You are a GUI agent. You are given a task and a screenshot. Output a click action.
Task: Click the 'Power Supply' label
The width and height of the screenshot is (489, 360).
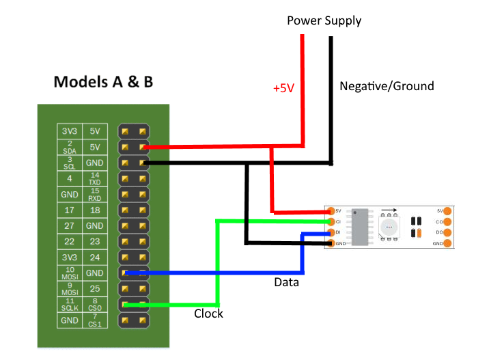(x=324, y=20)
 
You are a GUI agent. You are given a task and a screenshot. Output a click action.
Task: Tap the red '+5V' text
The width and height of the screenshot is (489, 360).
(x=283, y=89)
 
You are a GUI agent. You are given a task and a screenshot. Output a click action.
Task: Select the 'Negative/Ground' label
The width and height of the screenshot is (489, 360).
(x=387, y=86)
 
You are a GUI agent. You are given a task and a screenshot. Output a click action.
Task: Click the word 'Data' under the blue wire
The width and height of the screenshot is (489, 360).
(x=286, y=281)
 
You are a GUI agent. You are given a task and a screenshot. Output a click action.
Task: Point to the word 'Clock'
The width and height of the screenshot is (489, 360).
(x=208, y=314)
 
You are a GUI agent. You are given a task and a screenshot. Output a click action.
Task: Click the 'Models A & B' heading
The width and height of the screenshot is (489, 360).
(x=103, y=82)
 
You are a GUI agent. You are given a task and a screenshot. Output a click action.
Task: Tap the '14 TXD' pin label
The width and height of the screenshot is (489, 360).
(x=95, y=178)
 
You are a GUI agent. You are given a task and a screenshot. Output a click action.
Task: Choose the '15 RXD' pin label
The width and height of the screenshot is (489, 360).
(x=95, y=194)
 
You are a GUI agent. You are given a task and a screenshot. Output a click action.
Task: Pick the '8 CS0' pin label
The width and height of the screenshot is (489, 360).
(x=95, y=304)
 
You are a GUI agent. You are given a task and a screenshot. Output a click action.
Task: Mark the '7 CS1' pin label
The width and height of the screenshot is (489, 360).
(x=95, y=320)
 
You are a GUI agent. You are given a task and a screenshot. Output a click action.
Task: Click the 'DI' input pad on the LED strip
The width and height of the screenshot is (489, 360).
(x=331, y=232)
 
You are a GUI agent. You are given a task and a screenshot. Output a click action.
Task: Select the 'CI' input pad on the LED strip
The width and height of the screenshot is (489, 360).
(x=331, y=221)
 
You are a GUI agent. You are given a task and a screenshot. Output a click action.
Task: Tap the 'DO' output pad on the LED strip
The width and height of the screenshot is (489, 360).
(x=447, y=232)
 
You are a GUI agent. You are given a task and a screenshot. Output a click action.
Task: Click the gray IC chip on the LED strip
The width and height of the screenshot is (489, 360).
(x=362, y=225)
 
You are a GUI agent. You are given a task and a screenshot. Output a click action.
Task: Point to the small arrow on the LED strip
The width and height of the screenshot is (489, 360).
(x=389, y=212)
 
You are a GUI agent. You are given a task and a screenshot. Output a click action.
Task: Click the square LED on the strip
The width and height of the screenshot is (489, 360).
(x=389, y=227)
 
